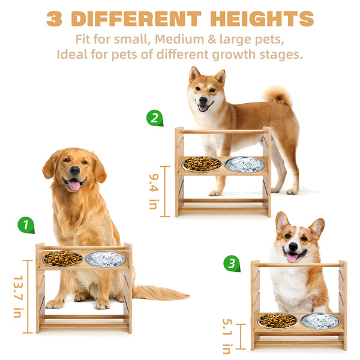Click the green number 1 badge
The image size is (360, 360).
26,225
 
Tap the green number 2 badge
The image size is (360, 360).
155,118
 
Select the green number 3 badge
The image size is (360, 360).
232,263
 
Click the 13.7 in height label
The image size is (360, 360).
18,296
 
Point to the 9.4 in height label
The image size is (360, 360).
154,191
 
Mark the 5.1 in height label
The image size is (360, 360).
227,336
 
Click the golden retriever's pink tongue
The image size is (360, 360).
74,185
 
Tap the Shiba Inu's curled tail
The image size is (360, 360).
277,95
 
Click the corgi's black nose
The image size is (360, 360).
293,247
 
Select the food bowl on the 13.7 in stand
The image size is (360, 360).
62,259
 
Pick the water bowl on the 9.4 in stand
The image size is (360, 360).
244,164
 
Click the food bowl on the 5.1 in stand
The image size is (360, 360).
278,320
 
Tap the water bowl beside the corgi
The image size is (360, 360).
320,320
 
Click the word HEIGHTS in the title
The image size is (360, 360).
262,19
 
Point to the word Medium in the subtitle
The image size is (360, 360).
179,39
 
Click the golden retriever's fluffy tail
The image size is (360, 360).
161,292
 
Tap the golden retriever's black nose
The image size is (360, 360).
75,170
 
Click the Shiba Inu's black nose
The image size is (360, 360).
203,100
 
